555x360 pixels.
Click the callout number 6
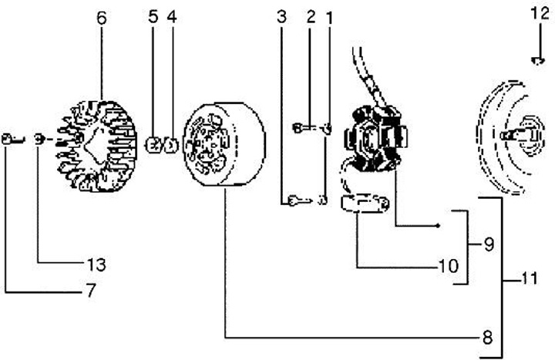tap(101, 18)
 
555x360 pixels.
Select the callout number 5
tap(153, 17)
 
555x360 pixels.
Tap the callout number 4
tap(172, 17)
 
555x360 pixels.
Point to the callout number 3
tap(281, 17)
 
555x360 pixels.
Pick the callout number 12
tap(540, 14)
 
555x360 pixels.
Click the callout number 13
tap(96, 264)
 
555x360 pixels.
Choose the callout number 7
tap(91, 291)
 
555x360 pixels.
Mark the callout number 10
tap(449, 266)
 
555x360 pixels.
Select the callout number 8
tap(488, 338)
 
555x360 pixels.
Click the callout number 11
tap(529, 278)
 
